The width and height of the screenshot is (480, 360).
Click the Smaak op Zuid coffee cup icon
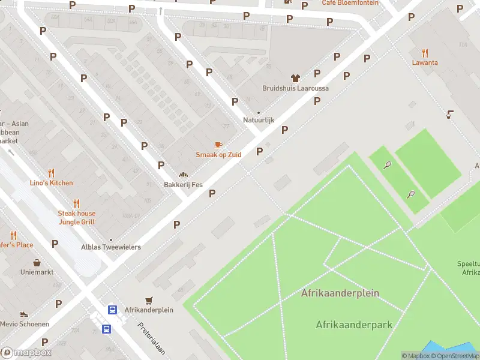[x=218, y=145]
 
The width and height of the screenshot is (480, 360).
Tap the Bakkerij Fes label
[x=185, y=184]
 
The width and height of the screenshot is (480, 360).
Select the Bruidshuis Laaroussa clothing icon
[x=295, y=78]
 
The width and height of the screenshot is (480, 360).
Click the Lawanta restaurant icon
[x=425, y=52]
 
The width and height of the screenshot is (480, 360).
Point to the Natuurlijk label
[x=259, y=120]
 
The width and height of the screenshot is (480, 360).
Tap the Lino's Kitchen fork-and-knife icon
[x=51, y=173]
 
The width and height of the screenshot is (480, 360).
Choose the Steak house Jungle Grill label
[x=76, y=218]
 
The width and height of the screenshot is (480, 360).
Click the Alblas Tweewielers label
[x=111, y=247]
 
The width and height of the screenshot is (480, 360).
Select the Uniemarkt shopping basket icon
[x=37, y=263]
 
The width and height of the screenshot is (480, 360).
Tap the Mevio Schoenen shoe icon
[x=23, y=314]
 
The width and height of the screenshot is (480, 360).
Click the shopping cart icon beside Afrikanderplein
[x=149, y=300]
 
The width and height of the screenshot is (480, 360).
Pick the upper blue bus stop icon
[x=112, y=310]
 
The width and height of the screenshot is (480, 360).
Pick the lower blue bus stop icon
[x=106, y=329]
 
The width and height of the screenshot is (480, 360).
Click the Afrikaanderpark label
[x=354, y=325]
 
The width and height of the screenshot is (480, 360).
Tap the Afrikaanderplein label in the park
[x=340, y=293]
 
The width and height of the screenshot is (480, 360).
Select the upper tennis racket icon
[x=388, y=165]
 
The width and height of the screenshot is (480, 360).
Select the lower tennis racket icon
[x=411, y=194]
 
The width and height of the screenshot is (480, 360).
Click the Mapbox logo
[x=26, y=353]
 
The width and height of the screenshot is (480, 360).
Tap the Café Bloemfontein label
[x=350, y=2]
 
